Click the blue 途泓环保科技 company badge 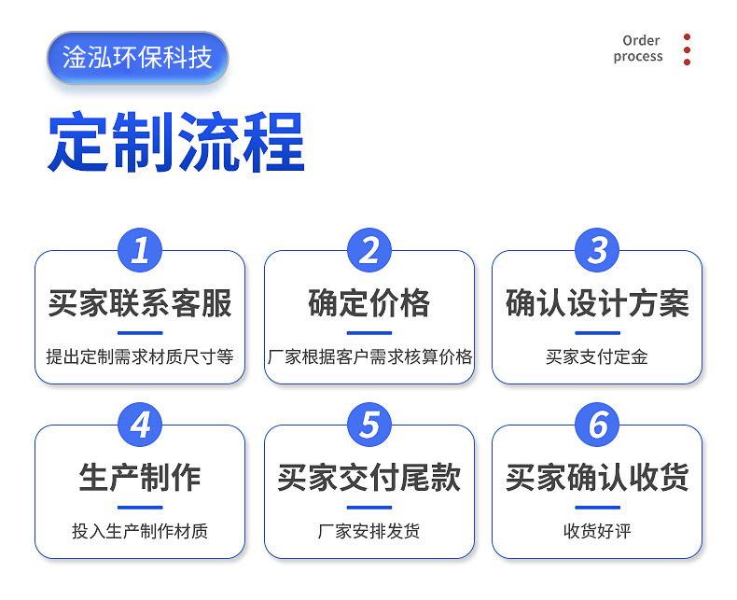[137, 57]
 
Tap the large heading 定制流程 [176, 142]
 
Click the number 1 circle [140, 250]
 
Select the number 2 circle [369, 250]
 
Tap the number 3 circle [597, 250]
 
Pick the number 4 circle [140, 426]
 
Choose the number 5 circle [369, 426]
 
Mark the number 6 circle [597, 426]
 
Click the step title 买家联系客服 [140, 303]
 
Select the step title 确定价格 [369, 303]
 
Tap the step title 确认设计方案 [597, 303]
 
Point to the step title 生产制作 [140, 478]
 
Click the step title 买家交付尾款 [369, 478]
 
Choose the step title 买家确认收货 [597, 478]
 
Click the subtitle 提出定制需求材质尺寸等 [140, 356]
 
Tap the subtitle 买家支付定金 [597, 356]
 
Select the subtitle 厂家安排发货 [369, 531]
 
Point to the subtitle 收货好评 [597, 531]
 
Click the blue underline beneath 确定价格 [369, 332]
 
